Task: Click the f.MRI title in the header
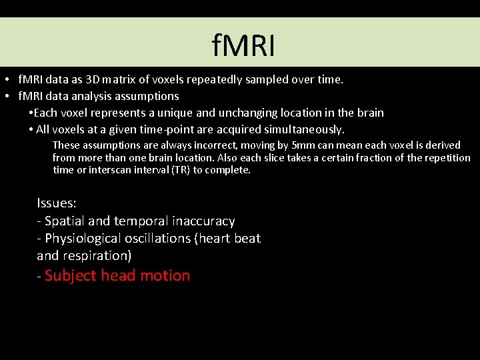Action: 243,46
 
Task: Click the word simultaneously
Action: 304,129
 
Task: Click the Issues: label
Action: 57,203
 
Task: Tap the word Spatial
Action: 65,221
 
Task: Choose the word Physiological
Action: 87,238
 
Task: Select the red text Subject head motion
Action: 117,275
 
